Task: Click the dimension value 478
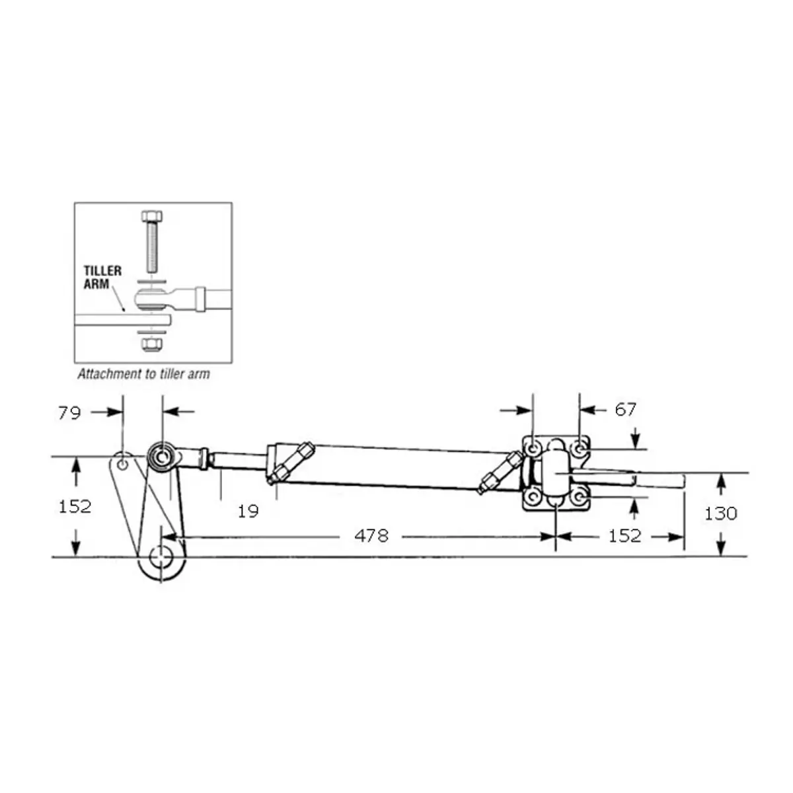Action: point(371,536)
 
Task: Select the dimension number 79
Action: point(69,413)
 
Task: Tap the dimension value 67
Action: point(626,410)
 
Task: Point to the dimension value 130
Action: point(720,513)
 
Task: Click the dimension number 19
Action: point(248,511)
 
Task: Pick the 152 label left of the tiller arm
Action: point(75,507)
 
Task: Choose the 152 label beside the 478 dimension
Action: point(624,536)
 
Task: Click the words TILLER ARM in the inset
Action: point(102,278)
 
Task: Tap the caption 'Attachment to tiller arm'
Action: point(143,373)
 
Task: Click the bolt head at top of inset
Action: point(151,216)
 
